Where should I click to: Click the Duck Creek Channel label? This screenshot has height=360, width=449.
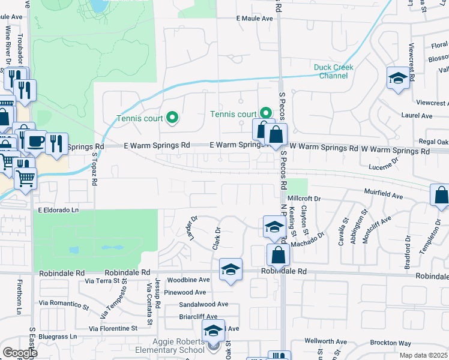pyautogui.click(x=333, y=71)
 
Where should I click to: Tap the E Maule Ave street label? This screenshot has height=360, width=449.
pyautogui.click(x=255, y=19)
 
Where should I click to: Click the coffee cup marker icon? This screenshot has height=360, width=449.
pyautogui.click(x=35, y=142)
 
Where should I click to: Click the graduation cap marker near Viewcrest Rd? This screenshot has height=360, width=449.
pyautogui.click(x=397, y=79)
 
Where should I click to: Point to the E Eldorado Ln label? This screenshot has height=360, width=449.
pyautogui.click(x=58, y=211)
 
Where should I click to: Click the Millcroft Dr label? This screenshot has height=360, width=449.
pyautogui.click(x=304, y=198)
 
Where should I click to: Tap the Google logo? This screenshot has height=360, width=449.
pyautogui.click(x=20, y=353)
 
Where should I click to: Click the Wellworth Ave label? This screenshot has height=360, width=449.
pyautogui.click(x=325, y=341)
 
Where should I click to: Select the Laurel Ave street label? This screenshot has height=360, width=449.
pyautogui.click(x=418, y=116)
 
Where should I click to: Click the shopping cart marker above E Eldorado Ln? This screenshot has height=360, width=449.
pyautogui.click(x=25, y=178)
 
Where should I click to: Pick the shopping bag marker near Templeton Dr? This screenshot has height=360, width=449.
pyautogui.click(x=441, y=195)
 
